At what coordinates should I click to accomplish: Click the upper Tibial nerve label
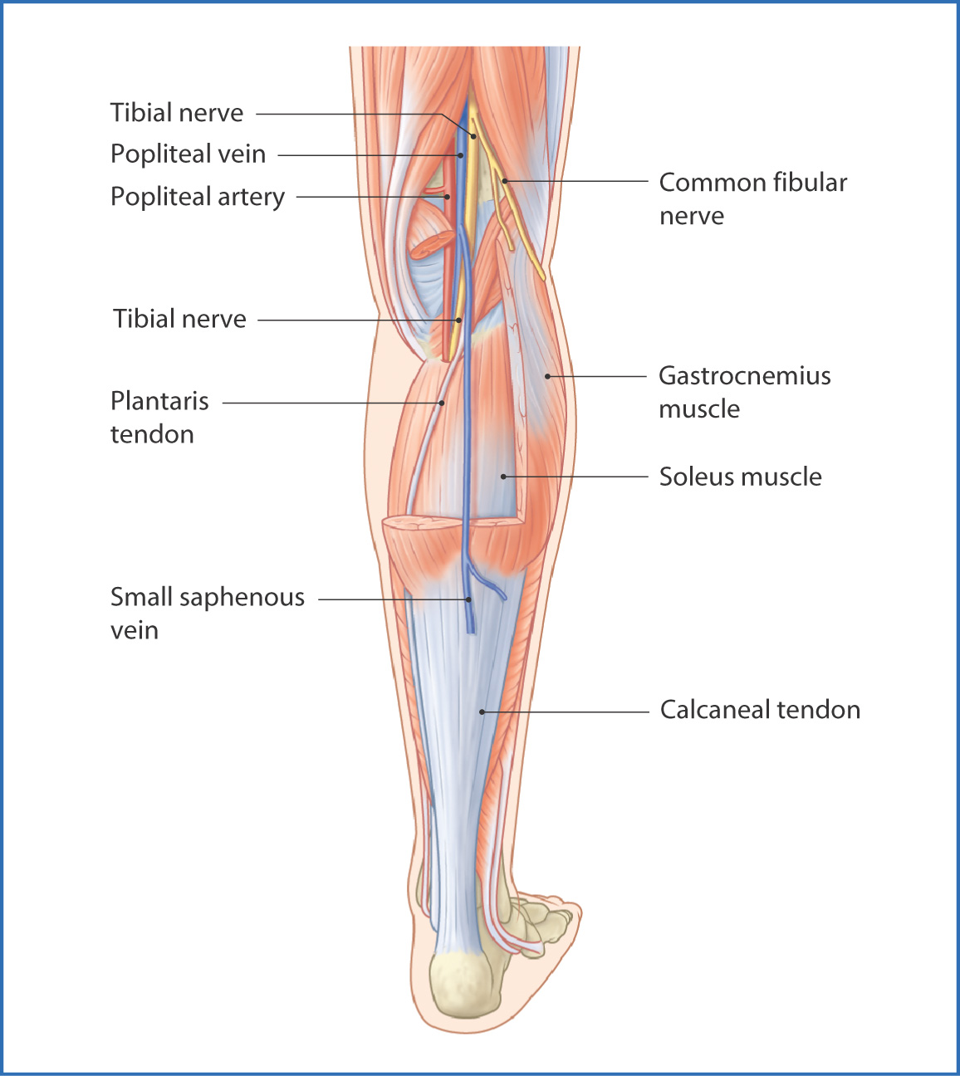click(176, 113)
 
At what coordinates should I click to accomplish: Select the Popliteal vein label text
click(188, 154)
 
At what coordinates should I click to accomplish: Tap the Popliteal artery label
click(198, 197)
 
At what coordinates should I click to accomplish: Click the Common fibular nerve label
click(753, 198)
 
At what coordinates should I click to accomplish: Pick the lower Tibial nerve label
click(179, 319)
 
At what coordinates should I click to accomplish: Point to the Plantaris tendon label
click(159, 418)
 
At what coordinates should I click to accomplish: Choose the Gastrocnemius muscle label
click(744, 392)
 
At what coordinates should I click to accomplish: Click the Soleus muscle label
click(740, 477)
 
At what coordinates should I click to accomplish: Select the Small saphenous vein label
click(207, 614)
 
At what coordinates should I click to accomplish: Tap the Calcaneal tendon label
click(760, 710)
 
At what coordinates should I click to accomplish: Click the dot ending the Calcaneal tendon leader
click(482, 712)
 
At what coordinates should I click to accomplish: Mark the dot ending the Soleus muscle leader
click(503, 477)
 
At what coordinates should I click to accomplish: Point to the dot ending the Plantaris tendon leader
click(442, 403)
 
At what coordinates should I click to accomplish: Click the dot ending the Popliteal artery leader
click(447, 197)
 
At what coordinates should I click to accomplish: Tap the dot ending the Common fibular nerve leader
click(505, 181)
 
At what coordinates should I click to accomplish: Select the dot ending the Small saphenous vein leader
click(468, 599)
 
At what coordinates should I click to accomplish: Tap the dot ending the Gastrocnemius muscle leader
click(547, 376)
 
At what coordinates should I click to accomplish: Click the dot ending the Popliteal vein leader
click(461, 155)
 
